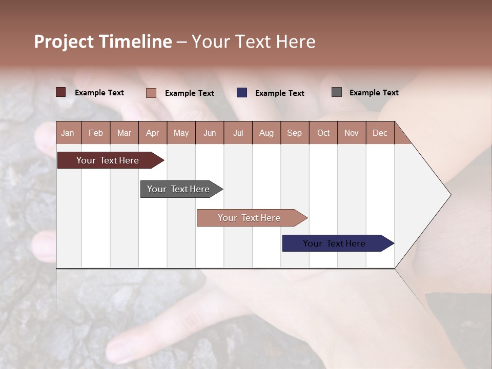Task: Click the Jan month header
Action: [x=68, y=133]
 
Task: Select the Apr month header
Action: [x=152, y=133]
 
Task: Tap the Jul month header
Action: [x=238, y=133]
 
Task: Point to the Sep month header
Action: [x=294, y=133]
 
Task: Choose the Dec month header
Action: [x=380, y=133]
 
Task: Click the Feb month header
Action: [x=96, y=133]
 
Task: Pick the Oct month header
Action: [x=323, y=133]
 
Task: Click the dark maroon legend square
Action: [x=61, y=92]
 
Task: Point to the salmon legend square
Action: [x=151, y=93]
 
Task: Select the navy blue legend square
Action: [x=242, y=93]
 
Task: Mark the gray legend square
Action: [x=337, y=92]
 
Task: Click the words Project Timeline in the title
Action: [x=102, y=42]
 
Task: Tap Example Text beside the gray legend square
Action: [x=374, y=93]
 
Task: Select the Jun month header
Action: [x=209, y=133]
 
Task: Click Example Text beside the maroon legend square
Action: [x=99, y=93]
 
